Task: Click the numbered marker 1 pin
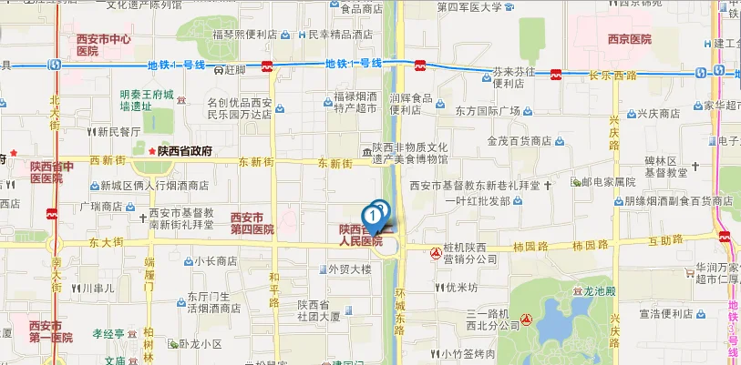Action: pos(372,216)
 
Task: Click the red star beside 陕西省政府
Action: pos(151,151)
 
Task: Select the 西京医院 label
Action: pos(629,39)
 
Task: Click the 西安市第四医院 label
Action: pos(252,223)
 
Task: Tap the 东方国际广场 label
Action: pos(488,111)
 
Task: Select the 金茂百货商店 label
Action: pos(520,141)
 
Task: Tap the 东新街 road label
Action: pos(334,163)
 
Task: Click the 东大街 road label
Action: pos(81,242)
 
